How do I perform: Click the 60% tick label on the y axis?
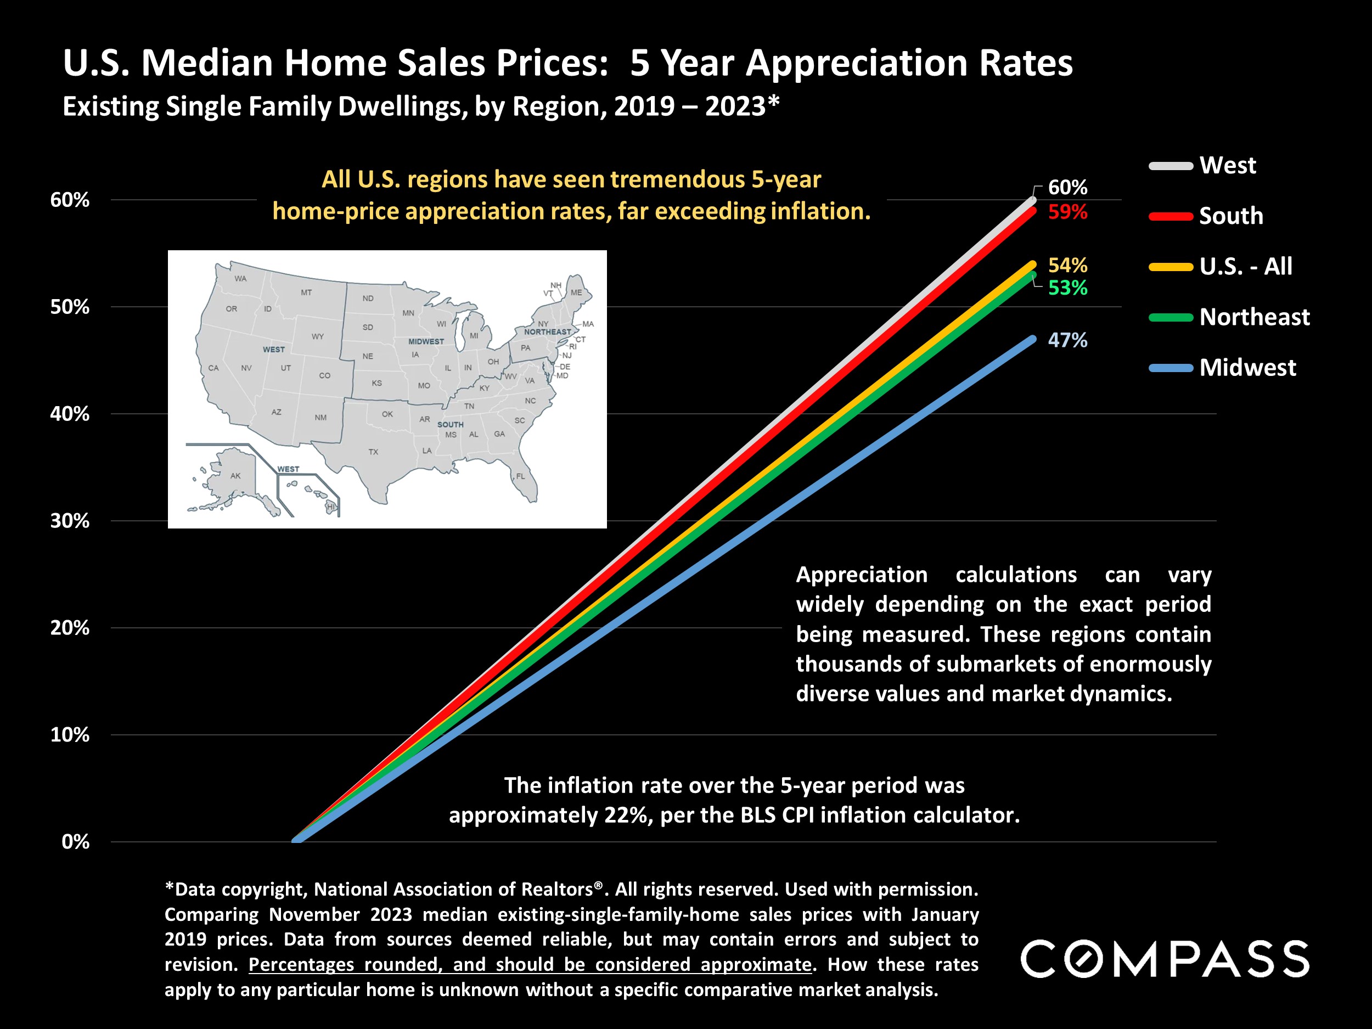[x=70, y=200]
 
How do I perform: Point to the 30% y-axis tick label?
[x=70, y=520]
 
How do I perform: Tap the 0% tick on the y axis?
[x=76, y=842]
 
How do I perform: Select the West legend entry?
[x=1227, y=166]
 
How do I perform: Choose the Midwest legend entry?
[x=1247, y=368]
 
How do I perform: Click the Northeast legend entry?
[x=1253, y=317]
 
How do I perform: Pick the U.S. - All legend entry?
[x=1245, y=267]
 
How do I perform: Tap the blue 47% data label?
[x=1067, y=340]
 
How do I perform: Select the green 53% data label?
[x=1067, y=288]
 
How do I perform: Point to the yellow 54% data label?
[x=1067, y=266]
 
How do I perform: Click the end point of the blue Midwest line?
[x=1033, y=339]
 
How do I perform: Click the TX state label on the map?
[x=373, y=452]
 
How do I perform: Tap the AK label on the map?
[x=235, y=476]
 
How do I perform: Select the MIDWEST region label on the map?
[x=425, y=341]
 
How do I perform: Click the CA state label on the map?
[x=213, y=368]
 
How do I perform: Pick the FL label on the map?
[x=520, y=476]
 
